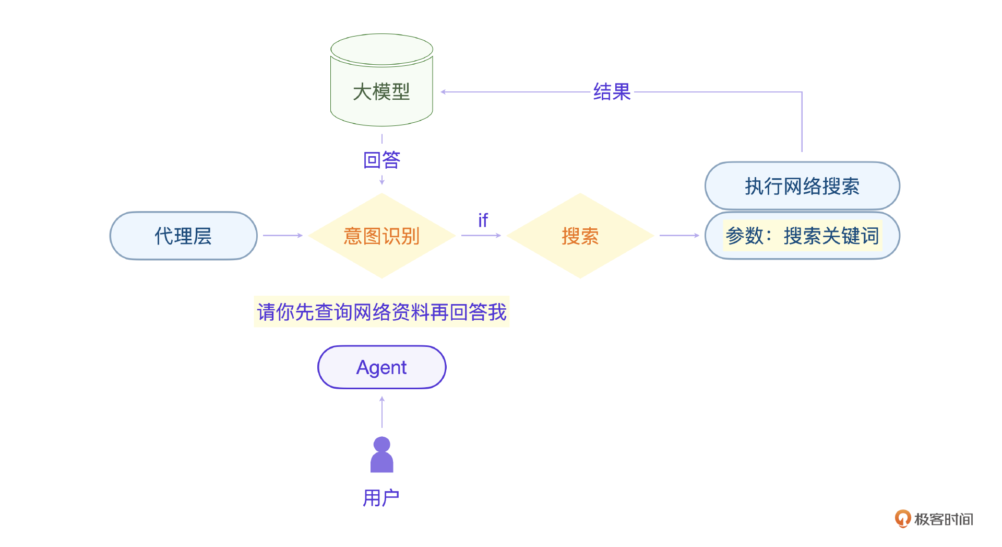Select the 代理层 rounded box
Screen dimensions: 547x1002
[x=183, y=236]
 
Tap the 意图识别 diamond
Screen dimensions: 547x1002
[x=381, y=236]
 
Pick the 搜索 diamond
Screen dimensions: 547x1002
[x=580, y=236]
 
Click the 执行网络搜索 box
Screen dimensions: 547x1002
[x=802, y=186]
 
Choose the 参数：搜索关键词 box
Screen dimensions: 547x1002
[x=802, y=236]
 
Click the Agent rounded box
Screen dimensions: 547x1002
[x=381, y=367]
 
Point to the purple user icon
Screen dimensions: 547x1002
[x=381, y=455]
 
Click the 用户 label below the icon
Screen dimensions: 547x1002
[x=381, y=498]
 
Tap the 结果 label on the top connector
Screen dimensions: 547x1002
[x=612, y=92]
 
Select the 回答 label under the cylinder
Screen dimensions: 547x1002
[x=381, y=160]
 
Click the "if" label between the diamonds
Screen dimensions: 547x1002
[x=483, y=220]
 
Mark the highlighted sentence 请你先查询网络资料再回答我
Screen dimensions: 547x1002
[x=381, y=312]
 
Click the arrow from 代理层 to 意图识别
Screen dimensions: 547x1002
[x=282, y=236]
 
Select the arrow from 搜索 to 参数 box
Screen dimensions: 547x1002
[x=679, y=236]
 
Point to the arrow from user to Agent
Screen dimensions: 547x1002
[x=382, y=412]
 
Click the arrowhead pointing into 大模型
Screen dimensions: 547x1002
[x=444, y=92]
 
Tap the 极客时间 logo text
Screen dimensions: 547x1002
[x=944, y=519]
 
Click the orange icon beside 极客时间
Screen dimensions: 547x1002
[x=902, y=519]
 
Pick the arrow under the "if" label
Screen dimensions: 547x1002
[x=481, y=236]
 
